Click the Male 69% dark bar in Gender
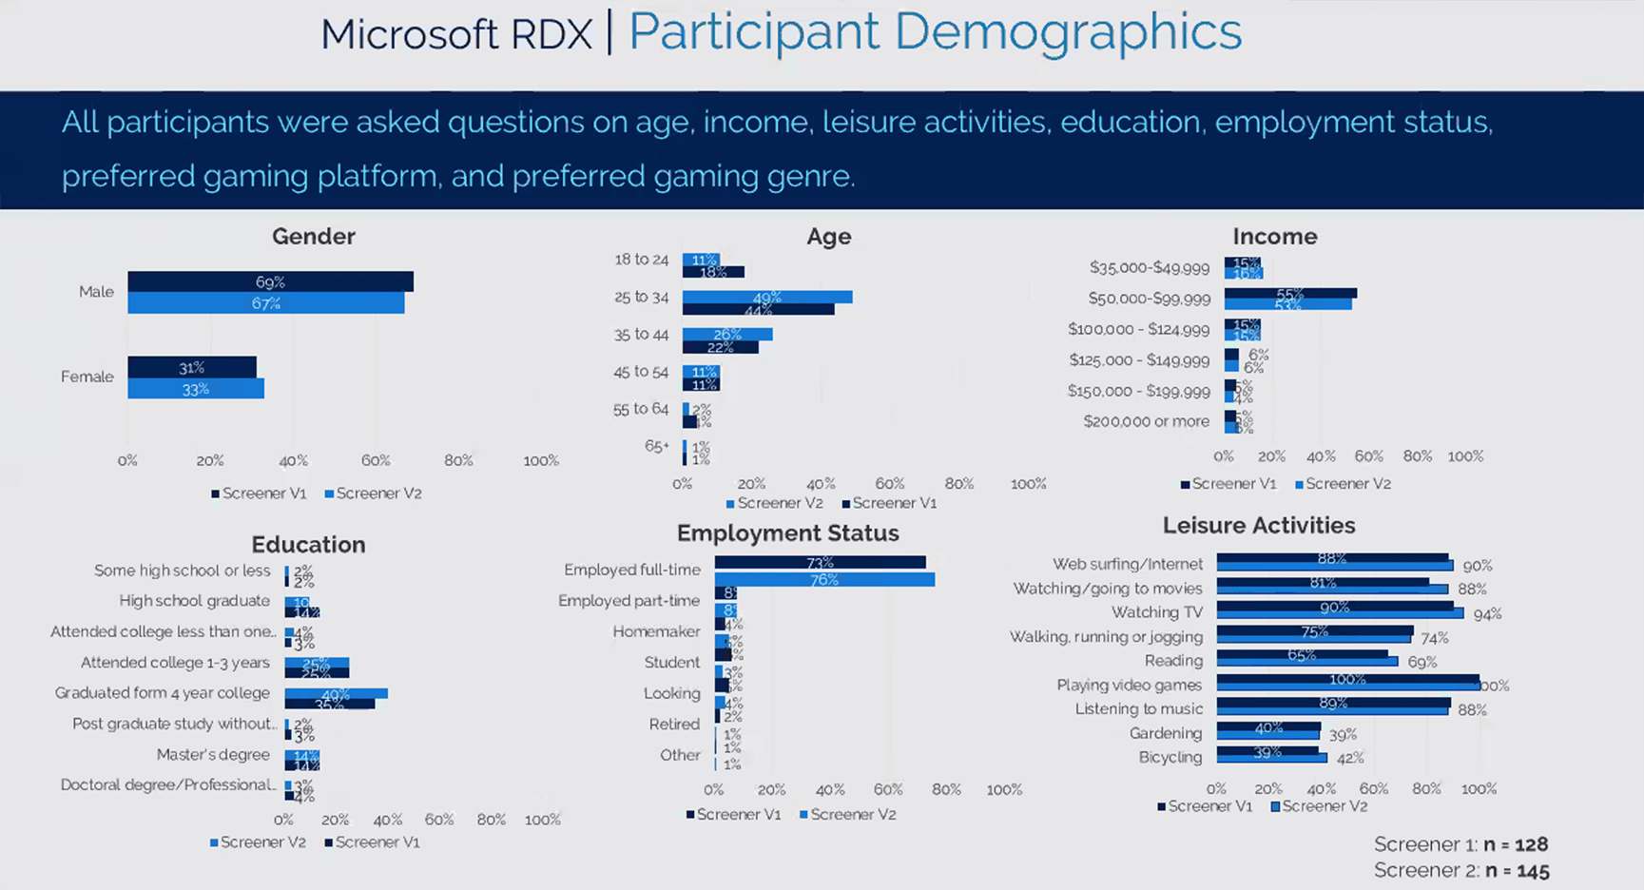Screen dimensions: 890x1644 click(270, 282)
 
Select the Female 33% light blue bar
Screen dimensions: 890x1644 click(196, 389)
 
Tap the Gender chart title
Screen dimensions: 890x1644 click(313, 237)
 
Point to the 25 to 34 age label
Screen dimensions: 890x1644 click(641, 298)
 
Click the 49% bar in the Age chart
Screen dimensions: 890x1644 click(766, 298)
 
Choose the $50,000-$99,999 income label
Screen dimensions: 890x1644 click(1149, 299)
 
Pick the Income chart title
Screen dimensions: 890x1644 click(1274, 237)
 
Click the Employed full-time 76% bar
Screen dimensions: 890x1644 click(823, 579)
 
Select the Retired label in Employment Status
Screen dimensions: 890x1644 click(674, 725)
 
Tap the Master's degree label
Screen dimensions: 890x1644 click(213, 755)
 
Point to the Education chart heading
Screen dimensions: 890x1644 click(308, 545)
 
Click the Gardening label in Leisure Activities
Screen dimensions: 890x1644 click(1166, 733)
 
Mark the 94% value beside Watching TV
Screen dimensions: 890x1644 click(1487, 614)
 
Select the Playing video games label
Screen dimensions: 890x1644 click(1129, 685)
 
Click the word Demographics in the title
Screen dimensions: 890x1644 click(1068, 31)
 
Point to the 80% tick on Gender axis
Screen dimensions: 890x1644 click(458, 460)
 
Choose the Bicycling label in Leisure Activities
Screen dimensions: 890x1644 click(1170, 757)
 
